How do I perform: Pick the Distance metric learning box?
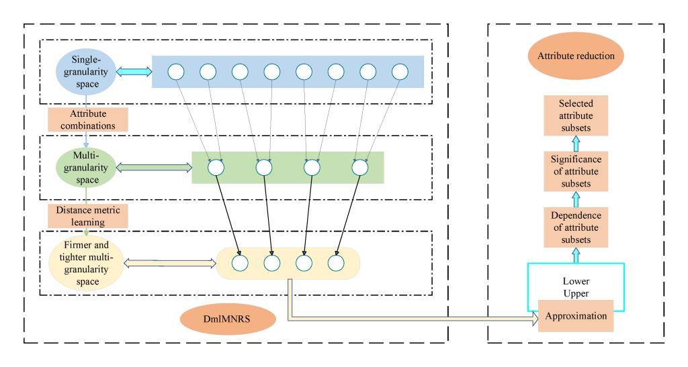pos(87,215)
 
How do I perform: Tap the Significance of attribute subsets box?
pos(574,170)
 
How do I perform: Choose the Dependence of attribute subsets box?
pos(574,226)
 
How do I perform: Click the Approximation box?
pos(574,315)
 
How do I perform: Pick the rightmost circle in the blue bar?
pos(400,71)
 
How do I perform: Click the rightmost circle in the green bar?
pos(359,167)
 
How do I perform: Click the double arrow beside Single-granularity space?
pos(133,71)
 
